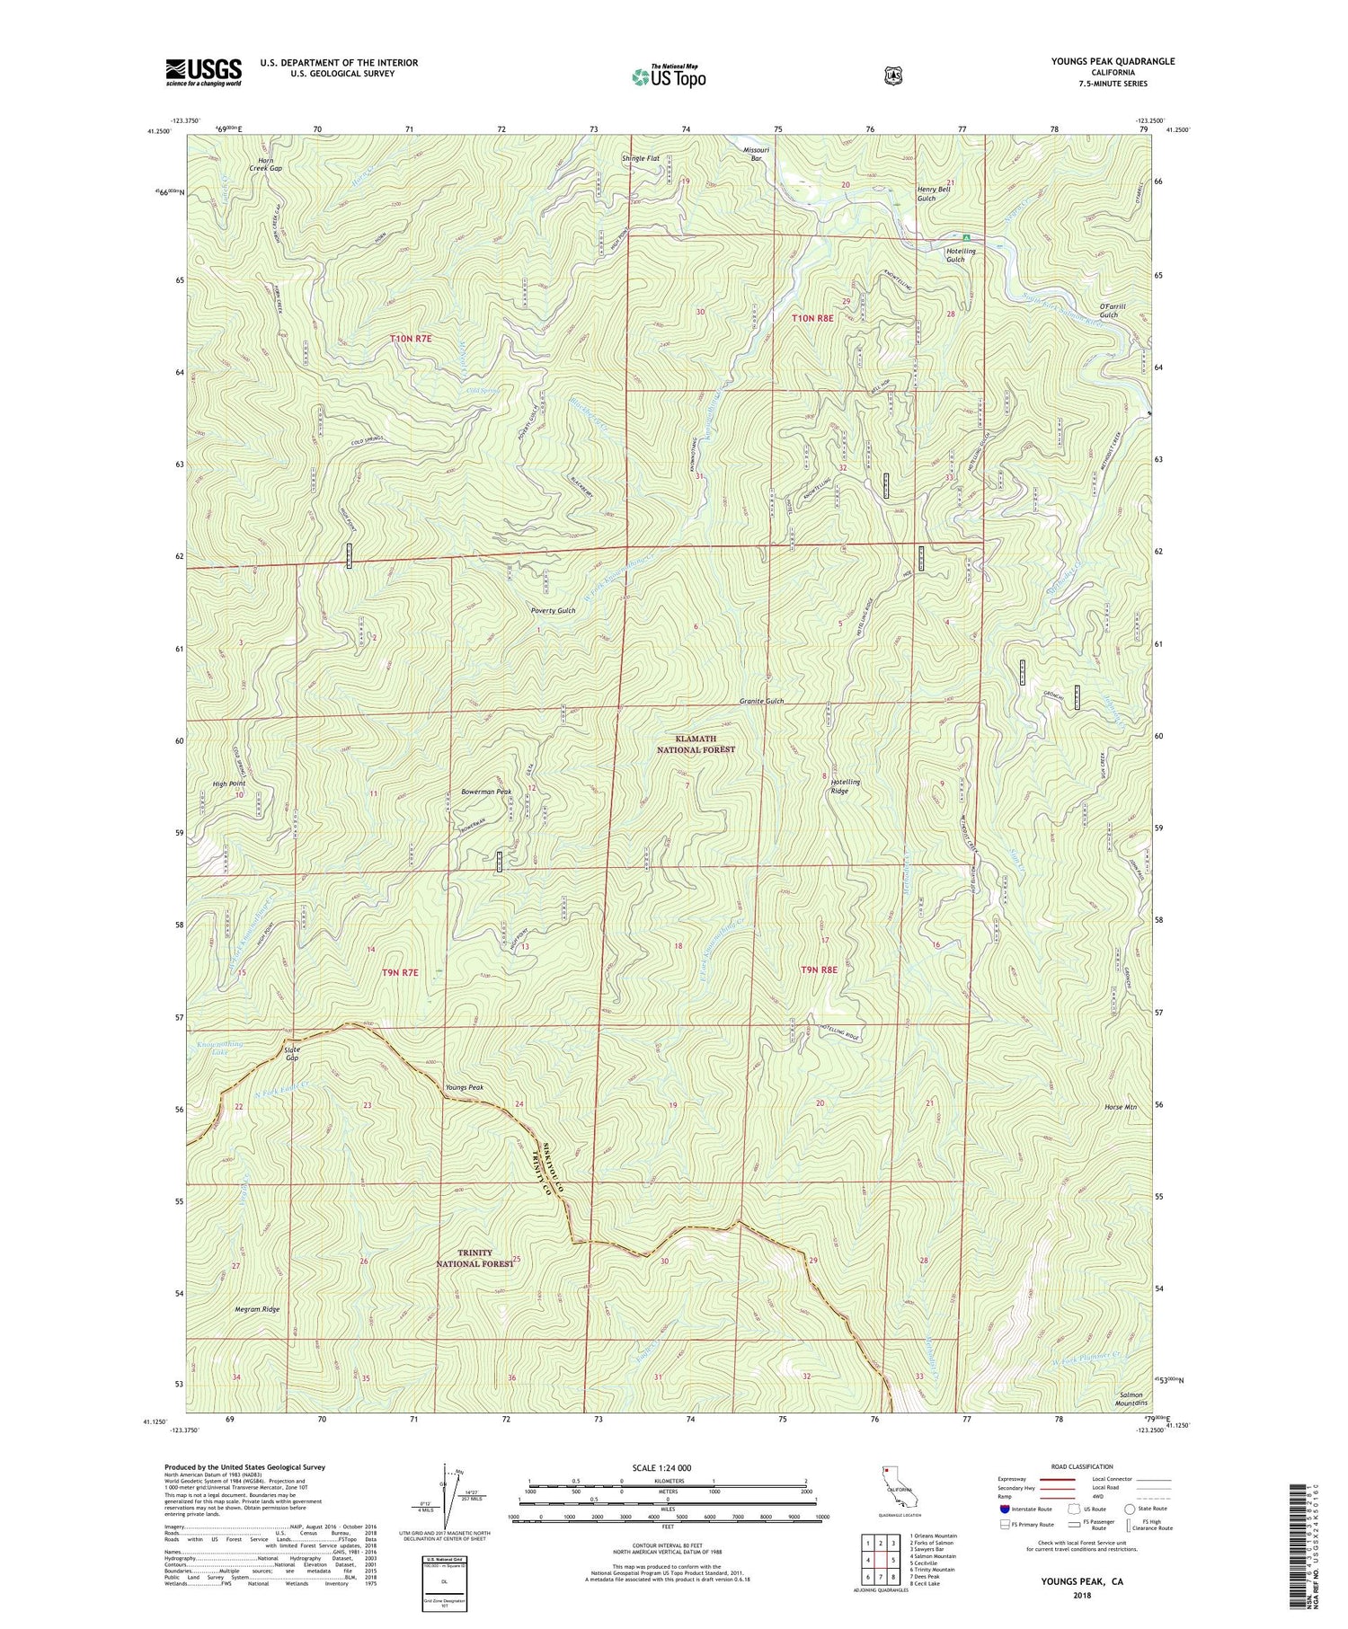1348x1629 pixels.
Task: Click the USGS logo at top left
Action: [x=204, y=72]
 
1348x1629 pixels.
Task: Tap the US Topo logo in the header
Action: [x=669, y=76]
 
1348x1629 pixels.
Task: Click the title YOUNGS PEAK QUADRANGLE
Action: [x=1113, y=61]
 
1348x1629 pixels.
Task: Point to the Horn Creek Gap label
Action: [x=265, y=164]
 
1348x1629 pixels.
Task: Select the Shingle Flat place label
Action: [x=641, y=158]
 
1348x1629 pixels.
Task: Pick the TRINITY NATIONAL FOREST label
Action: [x=475, y=1257]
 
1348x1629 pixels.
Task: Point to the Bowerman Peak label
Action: [x=486, y=792]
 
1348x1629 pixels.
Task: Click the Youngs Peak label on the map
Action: [x=465, y=1087]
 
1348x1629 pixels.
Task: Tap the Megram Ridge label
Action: [x=258, y=1309]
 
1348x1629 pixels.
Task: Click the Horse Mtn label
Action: [x=1121, y=1107]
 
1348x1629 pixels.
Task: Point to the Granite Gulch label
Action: [x=761, y=701]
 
